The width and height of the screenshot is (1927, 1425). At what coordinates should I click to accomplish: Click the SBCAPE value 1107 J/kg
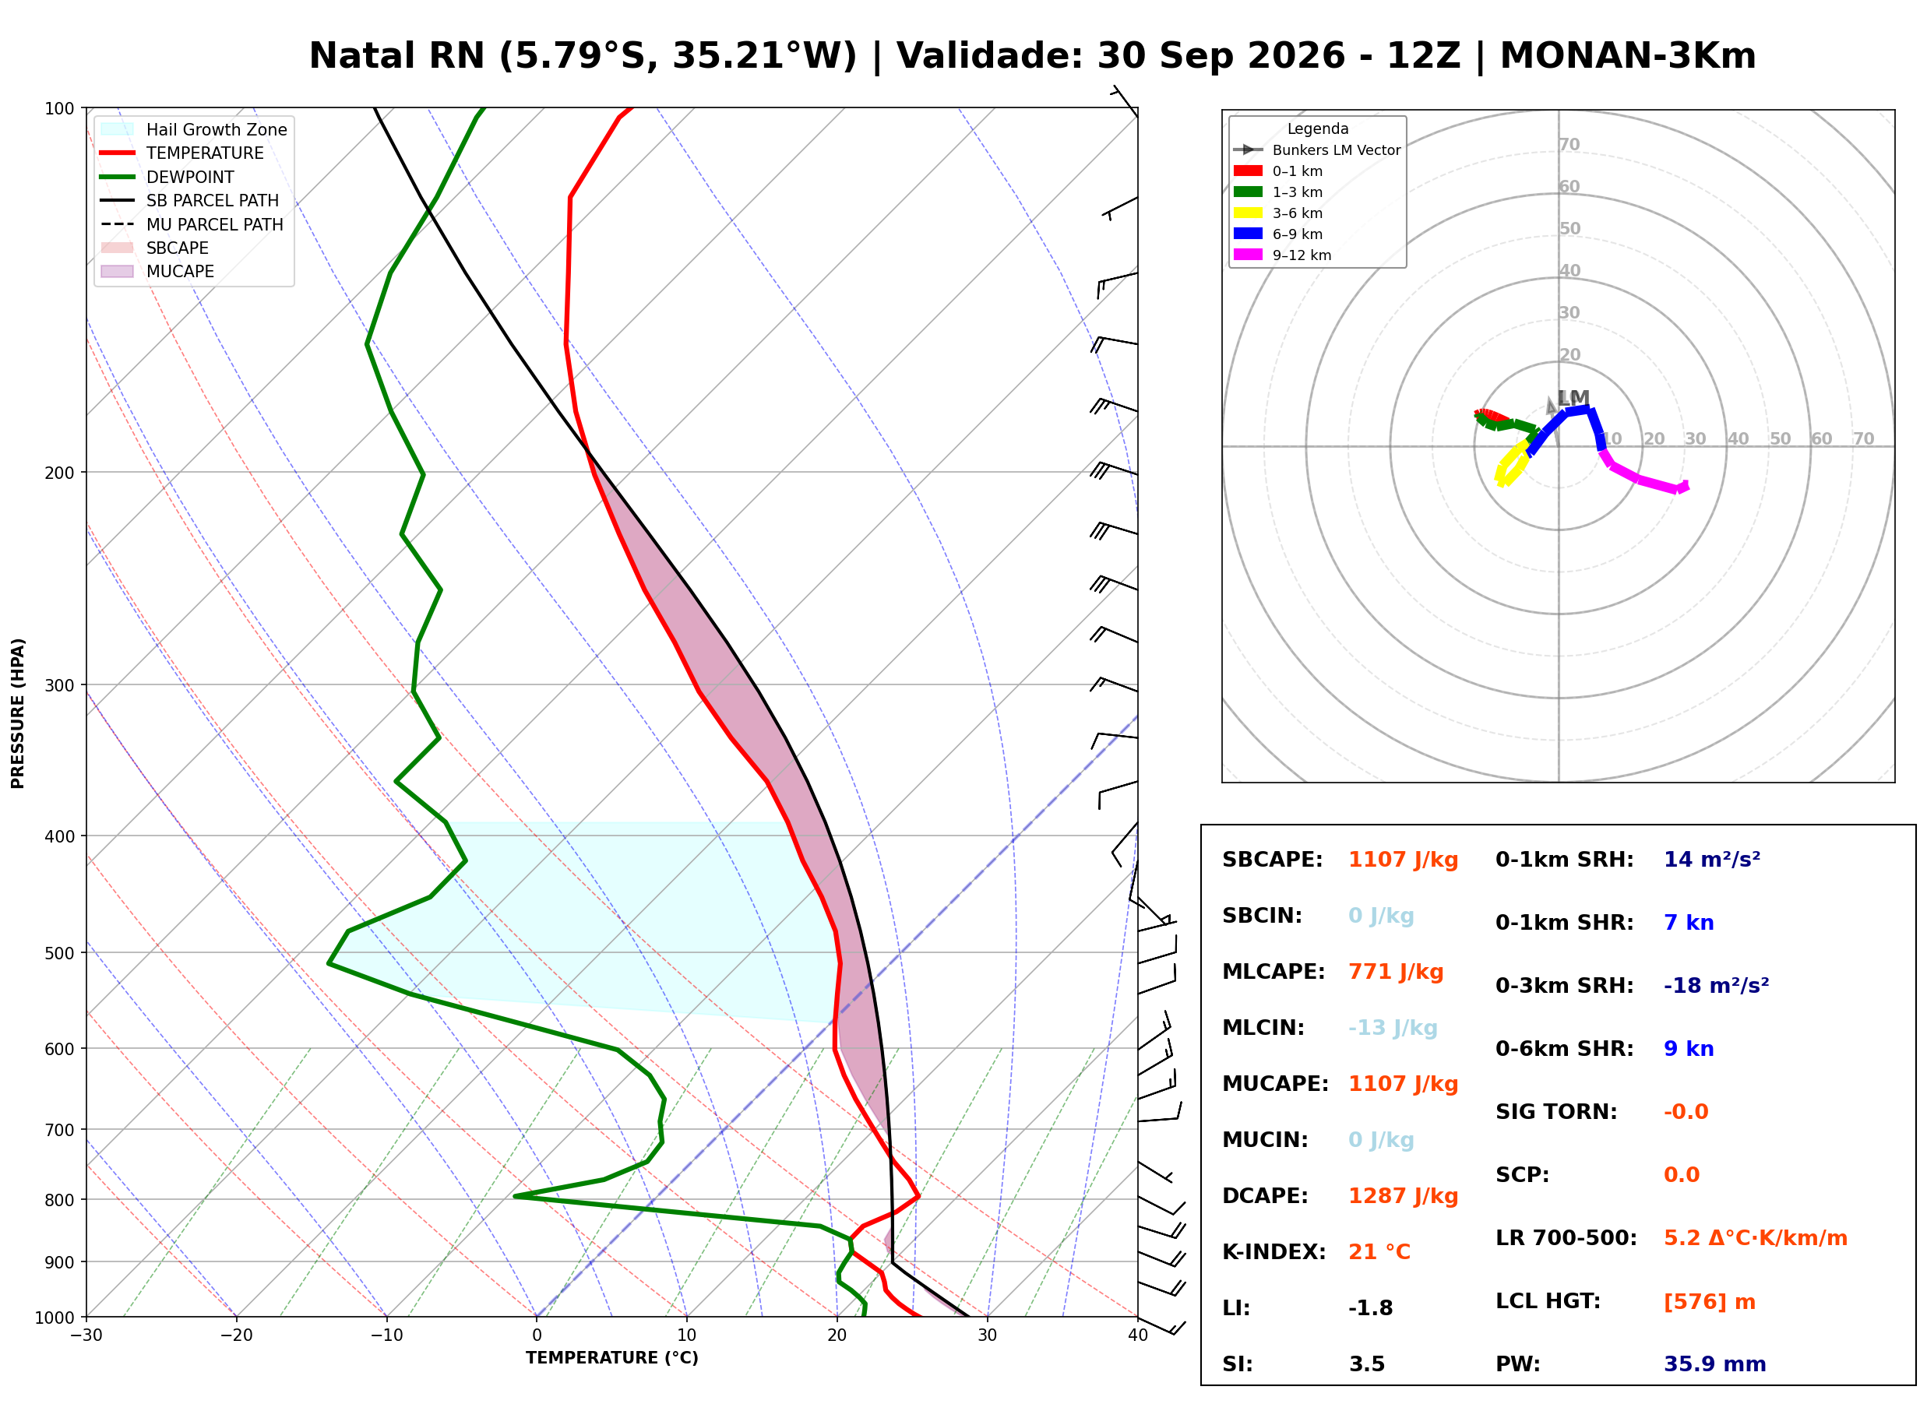1403,860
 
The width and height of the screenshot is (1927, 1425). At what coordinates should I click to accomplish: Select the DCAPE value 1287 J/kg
1403,1196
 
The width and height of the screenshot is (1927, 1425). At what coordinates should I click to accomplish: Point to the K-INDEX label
1274,1252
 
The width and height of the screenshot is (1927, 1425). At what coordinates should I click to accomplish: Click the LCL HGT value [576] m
1709,1302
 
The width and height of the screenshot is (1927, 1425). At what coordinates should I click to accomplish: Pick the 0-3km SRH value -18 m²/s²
1716,985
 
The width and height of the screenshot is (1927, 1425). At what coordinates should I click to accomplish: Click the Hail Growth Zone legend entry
194,129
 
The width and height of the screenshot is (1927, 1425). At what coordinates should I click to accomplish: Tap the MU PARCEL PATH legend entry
192,224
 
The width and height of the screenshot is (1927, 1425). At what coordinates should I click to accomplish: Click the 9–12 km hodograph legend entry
1282,255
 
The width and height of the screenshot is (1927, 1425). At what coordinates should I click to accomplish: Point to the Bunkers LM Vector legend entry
1316,150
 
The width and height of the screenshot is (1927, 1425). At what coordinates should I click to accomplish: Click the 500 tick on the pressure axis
61,953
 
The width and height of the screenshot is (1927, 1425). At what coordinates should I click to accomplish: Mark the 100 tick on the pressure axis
61,109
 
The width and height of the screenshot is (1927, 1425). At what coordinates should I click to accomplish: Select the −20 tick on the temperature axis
236,1335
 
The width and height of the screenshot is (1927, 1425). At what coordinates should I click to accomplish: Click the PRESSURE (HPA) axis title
18,713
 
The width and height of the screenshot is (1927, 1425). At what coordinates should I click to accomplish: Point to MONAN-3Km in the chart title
1628,56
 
